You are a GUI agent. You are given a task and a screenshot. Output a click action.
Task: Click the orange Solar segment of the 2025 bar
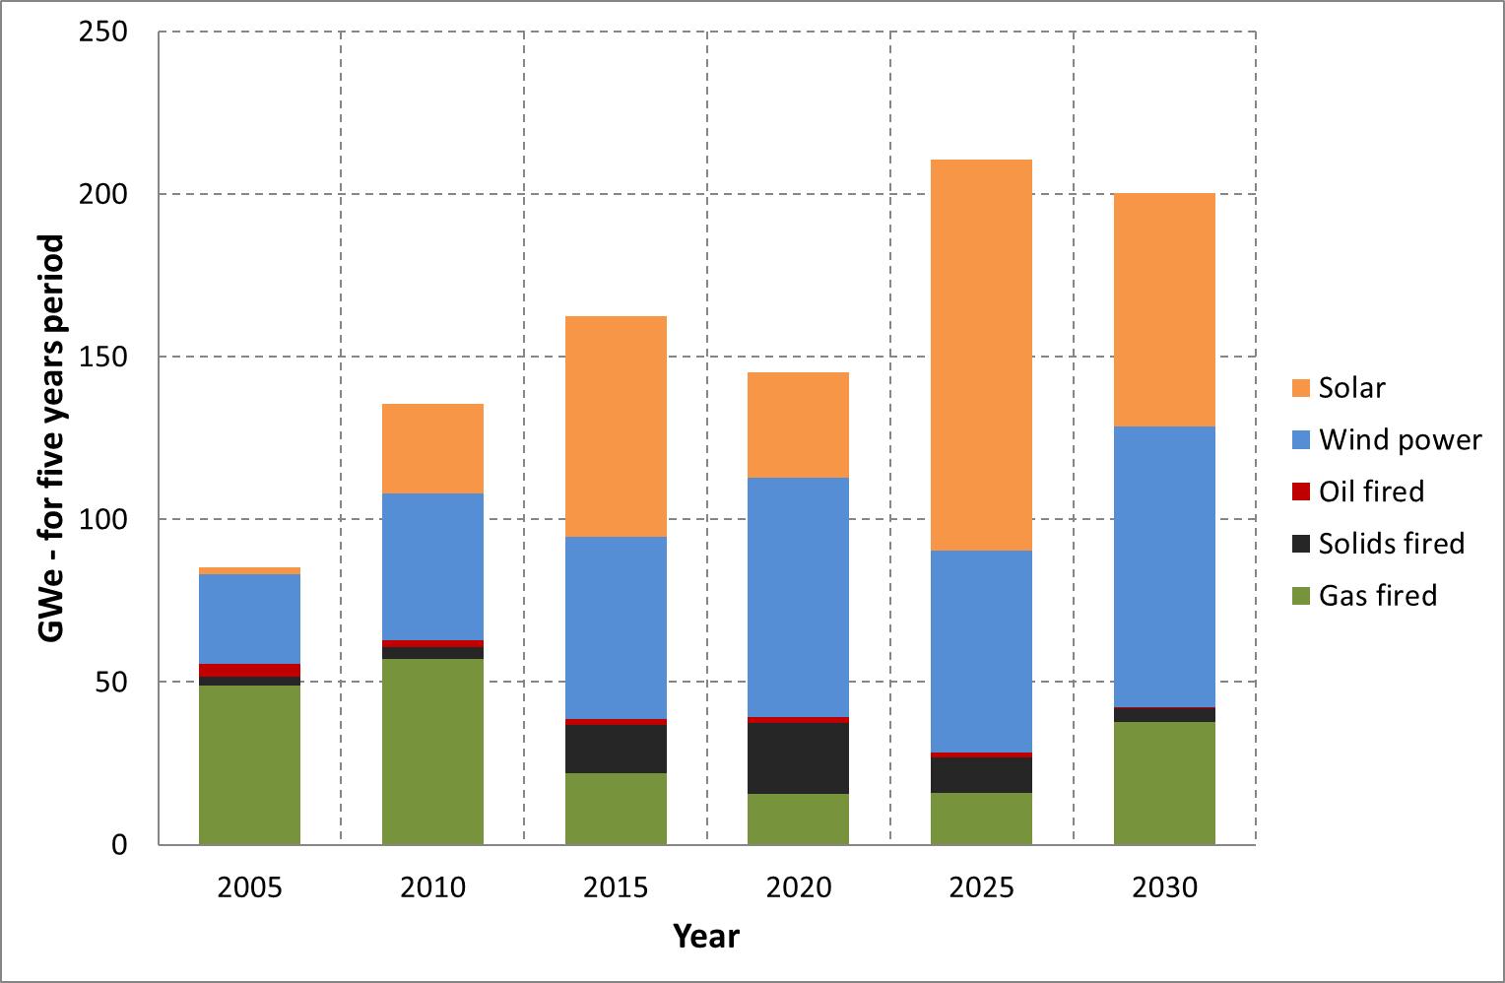[x=981, y=355]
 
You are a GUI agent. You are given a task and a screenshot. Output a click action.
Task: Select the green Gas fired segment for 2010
[x=432, y=751]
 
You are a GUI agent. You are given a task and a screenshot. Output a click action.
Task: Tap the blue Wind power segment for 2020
[x=798, y=597]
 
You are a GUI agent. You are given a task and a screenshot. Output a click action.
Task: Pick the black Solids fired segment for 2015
[x=616, y=749]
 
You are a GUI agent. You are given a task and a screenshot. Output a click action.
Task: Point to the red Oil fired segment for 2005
[x=249, y=671]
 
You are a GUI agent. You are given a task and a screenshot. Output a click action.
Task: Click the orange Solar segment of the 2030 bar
[x=1164, y=309]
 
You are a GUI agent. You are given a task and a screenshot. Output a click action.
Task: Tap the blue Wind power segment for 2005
[x=249, y=619]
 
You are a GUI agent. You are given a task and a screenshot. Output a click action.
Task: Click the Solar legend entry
[x=1351, y=387]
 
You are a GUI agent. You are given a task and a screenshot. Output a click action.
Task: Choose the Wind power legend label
[x=1400, y=439]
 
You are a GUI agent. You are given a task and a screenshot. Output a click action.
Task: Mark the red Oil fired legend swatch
[x=1301, y=491]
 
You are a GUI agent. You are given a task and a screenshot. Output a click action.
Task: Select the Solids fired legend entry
[x=1391, y=544]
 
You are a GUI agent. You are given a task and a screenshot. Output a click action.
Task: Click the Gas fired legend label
[x=1377, y=596]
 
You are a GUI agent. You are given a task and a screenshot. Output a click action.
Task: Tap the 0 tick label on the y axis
[x=119, y=845]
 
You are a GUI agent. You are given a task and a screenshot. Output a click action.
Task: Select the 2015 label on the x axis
[x=616, y=887]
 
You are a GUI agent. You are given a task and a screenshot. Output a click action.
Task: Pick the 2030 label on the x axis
[x=1164, y=887]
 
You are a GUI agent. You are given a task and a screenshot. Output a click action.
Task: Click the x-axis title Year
[x=706, y=935]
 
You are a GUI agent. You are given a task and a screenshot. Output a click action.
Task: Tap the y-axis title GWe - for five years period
[x=52, y=438]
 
